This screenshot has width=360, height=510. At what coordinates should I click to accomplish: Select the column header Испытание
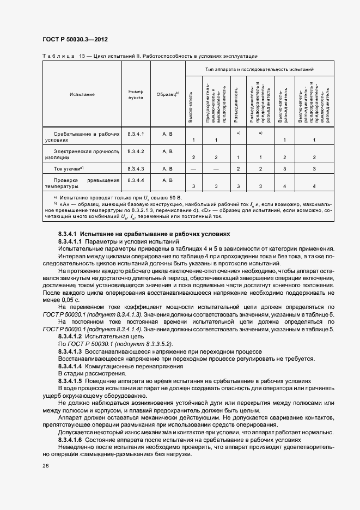click(82, 94)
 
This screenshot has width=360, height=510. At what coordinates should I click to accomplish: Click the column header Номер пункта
click(135, 94)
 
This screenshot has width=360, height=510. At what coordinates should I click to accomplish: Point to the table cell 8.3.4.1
click(135, 133)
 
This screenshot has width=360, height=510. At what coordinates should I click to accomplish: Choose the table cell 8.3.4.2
click(135, 151)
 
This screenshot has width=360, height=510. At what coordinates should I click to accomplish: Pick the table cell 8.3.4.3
click(135, 168)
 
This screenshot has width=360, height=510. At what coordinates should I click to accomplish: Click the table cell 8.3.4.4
click(135, 180)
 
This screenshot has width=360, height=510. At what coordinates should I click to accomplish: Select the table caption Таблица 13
click(62, 56)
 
